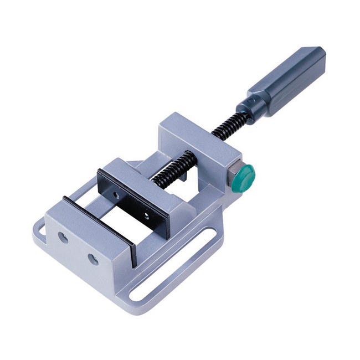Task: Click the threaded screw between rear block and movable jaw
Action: [x=175, y=169]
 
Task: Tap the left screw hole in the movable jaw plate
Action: [x=117, y=194]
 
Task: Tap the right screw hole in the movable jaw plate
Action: [x=146, y=213]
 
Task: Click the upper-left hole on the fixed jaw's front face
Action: [x=63, y=237]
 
